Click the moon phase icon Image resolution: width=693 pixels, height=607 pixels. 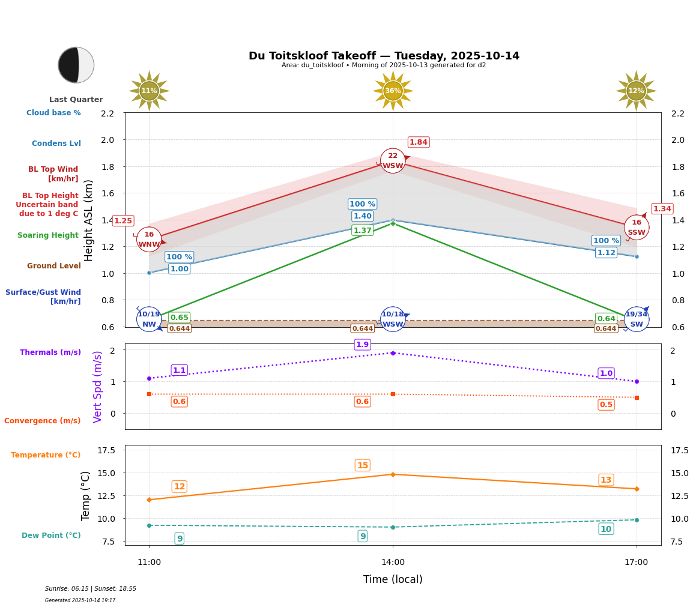[76, 65]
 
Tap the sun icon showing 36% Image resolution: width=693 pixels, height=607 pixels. [393, 91]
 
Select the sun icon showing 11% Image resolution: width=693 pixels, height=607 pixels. [149, 91]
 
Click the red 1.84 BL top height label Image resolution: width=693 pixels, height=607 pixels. [418, 142]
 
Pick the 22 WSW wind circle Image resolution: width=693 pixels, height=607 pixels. [393, 161]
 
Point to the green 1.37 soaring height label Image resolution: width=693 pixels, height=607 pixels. [362, 231]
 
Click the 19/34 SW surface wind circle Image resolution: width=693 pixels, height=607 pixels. [636, 319]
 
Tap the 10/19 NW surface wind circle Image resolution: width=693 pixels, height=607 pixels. [149, 319]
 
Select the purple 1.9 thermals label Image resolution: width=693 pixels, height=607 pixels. [362, 345]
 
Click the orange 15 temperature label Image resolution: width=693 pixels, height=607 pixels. [362, 465]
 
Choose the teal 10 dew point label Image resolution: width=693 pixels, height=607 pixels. [606, 529]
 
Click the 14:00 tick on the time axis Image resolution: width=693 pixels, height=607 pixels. [393, 563]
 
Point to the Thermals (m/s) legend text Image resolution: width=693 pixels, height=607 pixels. [50, 352]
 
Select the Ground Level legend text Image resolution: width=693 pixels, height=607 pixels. [54, 266]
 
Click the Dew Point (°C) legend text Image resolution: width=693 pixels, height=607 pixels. [51, 536]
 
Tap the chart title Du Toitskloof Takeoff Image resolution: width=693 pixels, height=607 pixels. [384, 56]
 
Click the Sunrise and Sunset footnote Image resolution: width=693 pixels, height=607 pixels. [91, 589]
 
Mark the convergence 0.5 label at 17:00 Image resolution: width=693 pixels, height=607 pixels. [606, 405]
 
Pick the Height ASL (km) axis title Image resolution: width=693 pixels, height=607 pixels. [89, 220]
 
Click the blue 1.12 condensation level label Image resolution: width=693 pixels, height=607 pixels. [606, 253]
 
